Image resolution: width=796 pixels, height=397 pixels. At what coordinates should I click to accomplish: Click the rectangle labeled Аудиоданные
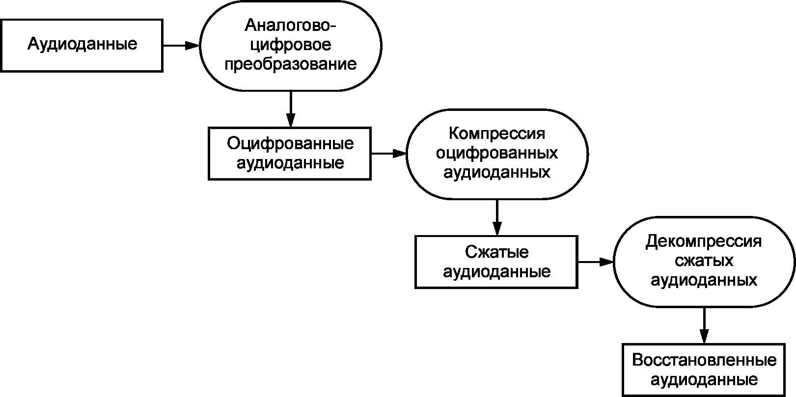coord(82,45)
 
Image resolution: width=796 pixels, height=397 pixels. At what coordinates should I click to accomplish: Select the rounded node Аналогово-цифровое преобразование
coord(291,45)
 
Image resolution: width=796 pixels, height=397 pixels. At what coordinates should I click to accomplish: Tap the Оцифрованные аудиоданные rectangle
coord(290,153)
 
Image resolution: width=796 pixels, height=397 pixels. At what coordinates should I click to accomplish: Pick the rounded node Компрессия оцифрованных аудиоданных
coord(497,153)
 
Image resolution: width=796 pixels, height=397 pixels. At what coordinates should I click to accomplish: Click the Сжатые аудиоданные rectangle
coord(496,262)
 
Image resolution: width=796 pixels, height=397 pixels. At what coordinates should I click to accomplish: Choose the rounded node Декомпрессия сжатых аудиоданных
coord(704,262)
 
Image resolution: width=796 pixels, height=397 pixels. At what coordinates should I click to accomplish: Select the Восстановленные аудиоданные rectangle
coord(704,370)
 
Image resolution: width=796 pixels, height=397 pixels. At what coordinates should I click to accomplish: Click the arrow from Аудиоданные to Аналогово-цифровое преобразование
coord(181,46)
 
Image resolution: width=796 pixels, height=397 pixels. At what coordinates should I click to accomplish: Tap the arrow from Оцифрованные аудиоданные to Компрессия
coord(388,154)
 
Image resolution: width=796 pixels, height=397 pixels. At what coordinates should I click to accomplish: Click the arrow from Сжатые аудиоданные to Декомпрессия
coord(595,262)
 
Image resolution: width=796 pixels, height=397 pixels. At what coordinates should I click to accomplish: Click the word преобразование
coord(291,64)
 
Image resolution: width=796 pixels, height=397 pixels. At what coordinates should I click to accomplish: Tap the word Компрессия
coord(497,133)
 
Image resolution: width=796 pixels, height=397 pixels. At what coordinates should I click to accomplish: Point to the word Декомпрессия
coord(704,241)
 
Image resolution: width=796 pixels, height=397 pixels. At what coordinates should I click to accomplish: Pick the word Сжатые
coord(496,252)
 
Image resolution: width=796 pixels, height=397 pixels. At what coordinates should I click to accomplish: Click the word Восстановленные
coord(704,360)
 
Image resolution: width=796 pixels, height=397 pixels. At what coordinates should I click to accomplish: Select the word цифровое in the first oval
coord(291,45)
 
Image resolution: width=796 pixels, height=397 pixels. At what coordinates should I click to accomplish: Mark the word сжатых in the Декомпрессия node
coord(704,261)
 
